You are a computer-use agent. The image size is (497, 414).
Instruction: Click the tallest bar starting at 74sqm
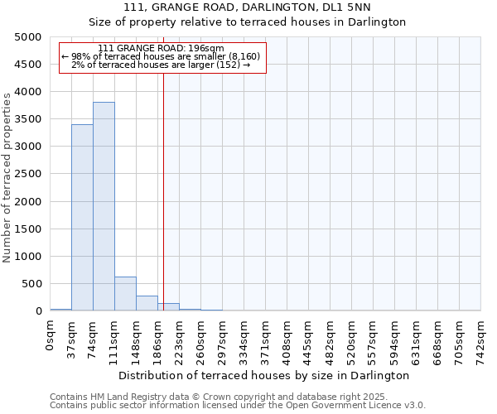(104, 206)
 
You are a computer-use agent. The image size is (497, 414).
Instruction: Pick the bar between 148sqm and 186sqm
(147, 303)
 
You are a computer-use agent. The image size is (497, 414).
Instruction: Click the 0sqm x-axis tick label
(51, 335)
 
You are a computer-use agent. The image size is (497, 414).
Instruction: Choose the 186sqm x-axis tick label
(158, 339)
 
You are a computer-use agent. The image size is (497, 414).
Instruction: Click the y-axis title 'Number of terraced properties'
(8, 177)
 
